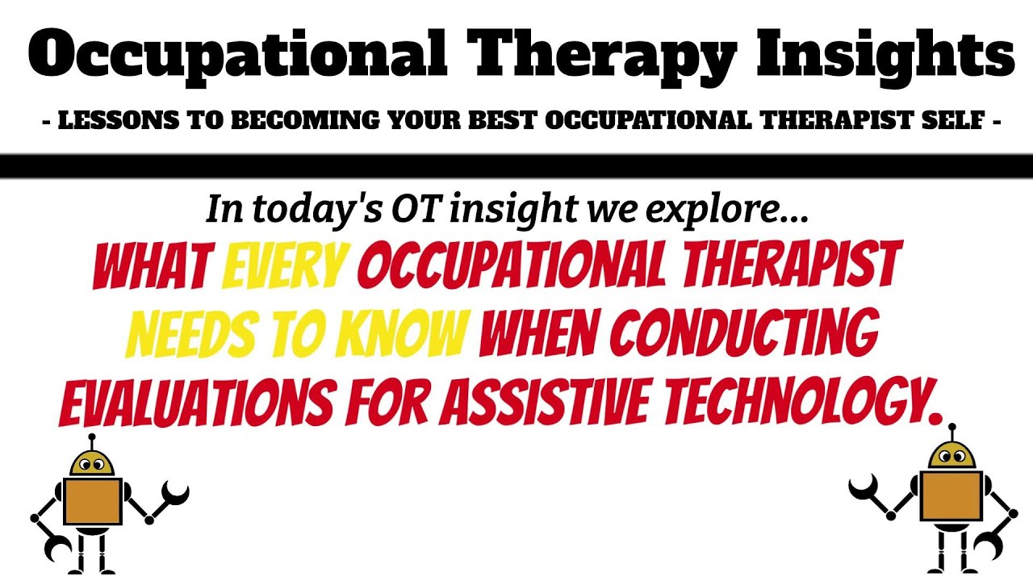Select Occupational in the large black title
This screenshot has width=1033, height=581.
click(x=237, y=53)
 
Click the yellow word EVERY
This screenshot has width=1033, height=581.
click(x=285, y=264)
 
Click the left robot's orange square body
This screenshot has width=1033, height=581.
click(x=92, y=501)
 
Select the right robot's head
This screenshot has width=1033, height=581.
click(x=951, y=456)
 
